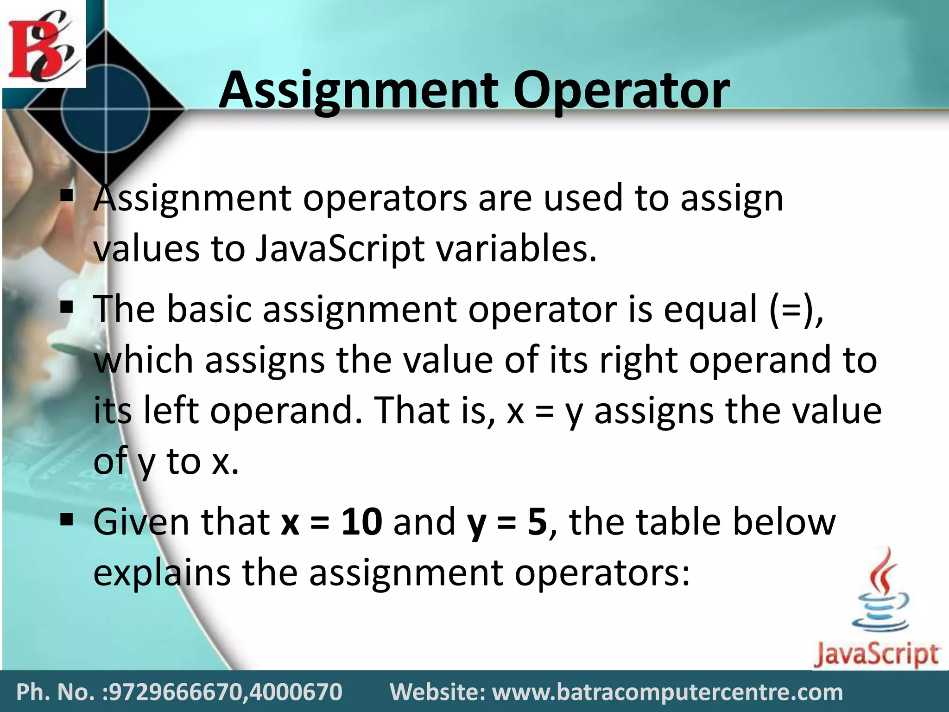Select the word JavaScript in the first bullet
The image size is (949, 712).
(340, 249)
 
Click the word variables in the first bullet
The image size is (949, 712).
(516, 249)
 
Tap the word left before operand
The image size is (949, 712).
(171, 411)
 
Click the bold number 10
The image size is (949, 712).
(362, 522)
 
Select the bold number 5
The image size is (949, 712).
(537, 522)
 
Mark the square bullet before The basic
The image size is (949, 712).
(67, 307)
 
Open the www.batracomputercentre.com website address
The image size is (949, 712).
(667, 692)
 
